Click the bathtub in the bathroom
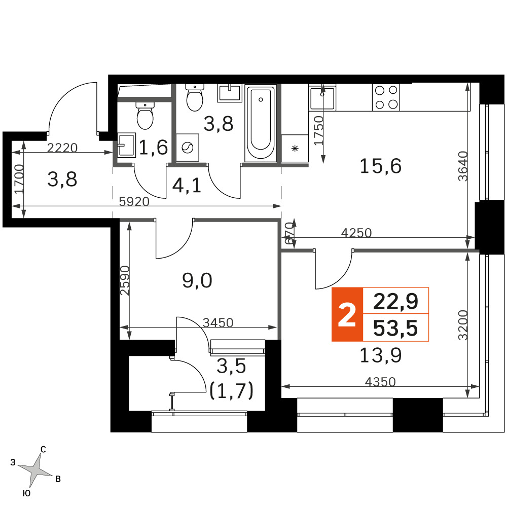coord(261,123)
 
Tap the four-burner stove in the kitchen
coord(386,97)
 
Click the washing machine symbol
coord(188,148)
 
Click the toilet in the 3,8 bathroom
coord(195,97)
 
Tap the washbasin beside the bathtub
coord(230,93)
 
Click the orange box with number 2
coord(347,314)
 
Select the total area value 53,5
coord(395,328)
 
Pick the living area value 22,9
coord(395,301)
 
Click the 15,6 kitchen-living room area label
coord(381,166)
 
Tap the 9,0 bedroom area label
coord(197,280)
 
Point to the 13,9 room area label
coord(381,355)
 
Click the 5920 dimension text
coord(134,202)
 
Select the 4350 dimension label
coord(380,382)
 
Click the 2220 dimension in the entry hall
coord(62,148)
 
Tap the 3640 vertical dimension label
coord(463,166)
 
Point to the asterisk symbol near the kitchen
coord(295,149)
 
